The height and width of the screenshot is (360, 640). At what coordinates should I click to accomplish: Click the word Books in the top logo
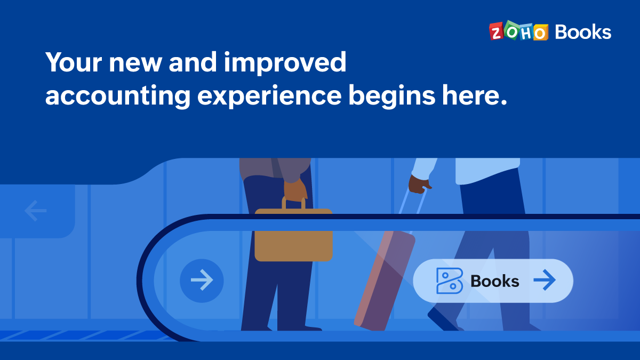point(583,32)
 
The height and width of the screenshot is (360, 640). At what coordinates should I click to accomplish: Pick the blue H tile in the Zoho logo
point(525,32)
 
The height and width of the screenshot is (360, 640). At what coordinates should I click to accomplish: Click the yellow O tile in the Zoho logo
point(540,33)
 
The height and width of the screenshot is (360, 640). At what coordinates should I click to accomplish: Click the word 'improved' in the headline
point(285,63)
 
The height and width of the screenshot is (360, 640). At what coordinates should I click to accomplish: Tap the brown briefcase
point(293,235)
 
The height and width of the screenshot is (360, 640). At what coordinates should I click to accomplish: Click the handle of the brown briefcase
point(293,203)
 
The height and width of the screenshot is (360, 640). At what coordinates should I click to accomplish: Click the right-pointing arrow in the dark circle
point(202,280)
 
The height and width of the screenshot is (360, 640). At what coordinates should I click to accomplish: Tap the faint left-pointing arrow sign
point(36,211)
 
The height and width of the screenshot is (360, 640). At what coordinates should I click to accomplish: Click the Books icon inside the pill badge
point(449,281)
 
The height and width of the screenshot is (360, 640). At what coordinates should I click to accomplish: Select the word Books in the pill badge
point(494,281)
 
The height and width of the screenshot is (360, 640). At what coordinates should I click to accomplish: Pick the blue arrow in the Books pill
point(545,281)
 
